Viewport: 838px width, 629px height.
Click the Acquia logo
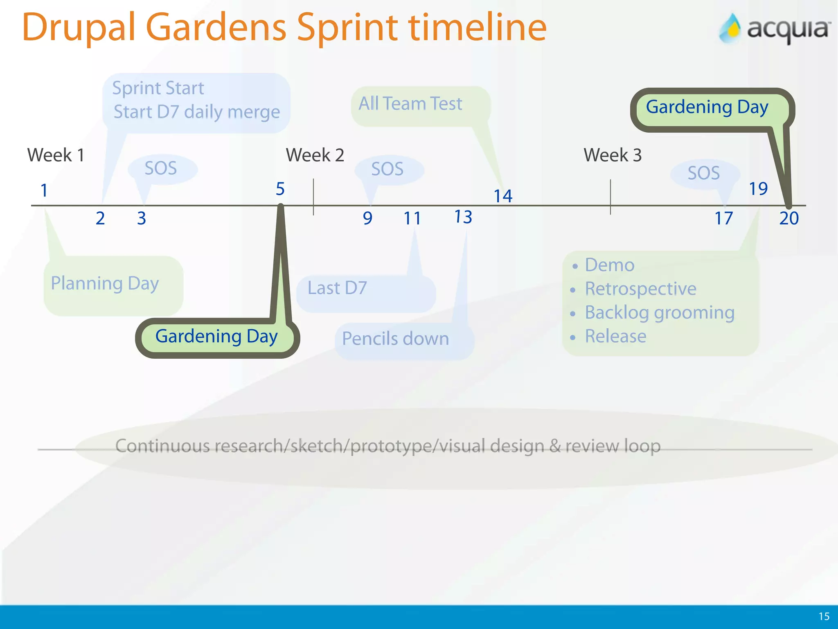point(775,29)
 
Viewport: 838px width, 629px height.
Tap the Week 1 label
point(56,155)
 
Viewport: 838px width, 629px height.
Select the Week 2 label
point(315,155)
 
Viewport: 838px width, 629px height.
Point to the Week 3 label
point(612,155)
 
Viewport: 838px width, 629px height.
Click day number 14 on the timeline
point(503,196)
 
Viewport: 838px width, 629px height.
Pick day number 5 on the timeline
point(280,189)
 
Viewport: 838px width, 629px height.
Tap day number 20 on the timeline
point(789,218)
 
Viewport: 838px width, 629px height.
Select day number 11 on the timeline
point(412,218)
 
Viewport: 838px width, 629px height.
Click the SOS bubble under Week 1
point(161,169)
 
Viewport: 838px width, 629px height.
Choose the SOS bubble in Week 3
point(704,173)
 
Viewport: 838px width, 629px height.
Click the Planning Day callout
point(105,283)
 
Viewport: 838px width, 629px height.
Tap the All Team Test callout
point(411,104)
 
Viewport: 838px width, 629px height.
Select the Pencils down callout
point(396,339)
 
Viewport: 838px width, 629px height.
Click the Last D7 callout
point(338,288)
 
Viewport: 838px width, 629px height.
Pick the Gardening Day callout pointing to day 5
point(216,337)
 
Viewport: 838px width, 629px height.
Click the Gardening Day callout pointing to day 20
point(707,107)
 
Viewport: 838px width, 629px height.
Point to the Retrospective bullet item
point(640,289)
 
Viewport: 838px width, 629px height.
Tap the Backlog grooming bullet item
point(659,312)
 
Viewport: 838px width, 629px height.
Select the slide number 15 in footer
point(824,616)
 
